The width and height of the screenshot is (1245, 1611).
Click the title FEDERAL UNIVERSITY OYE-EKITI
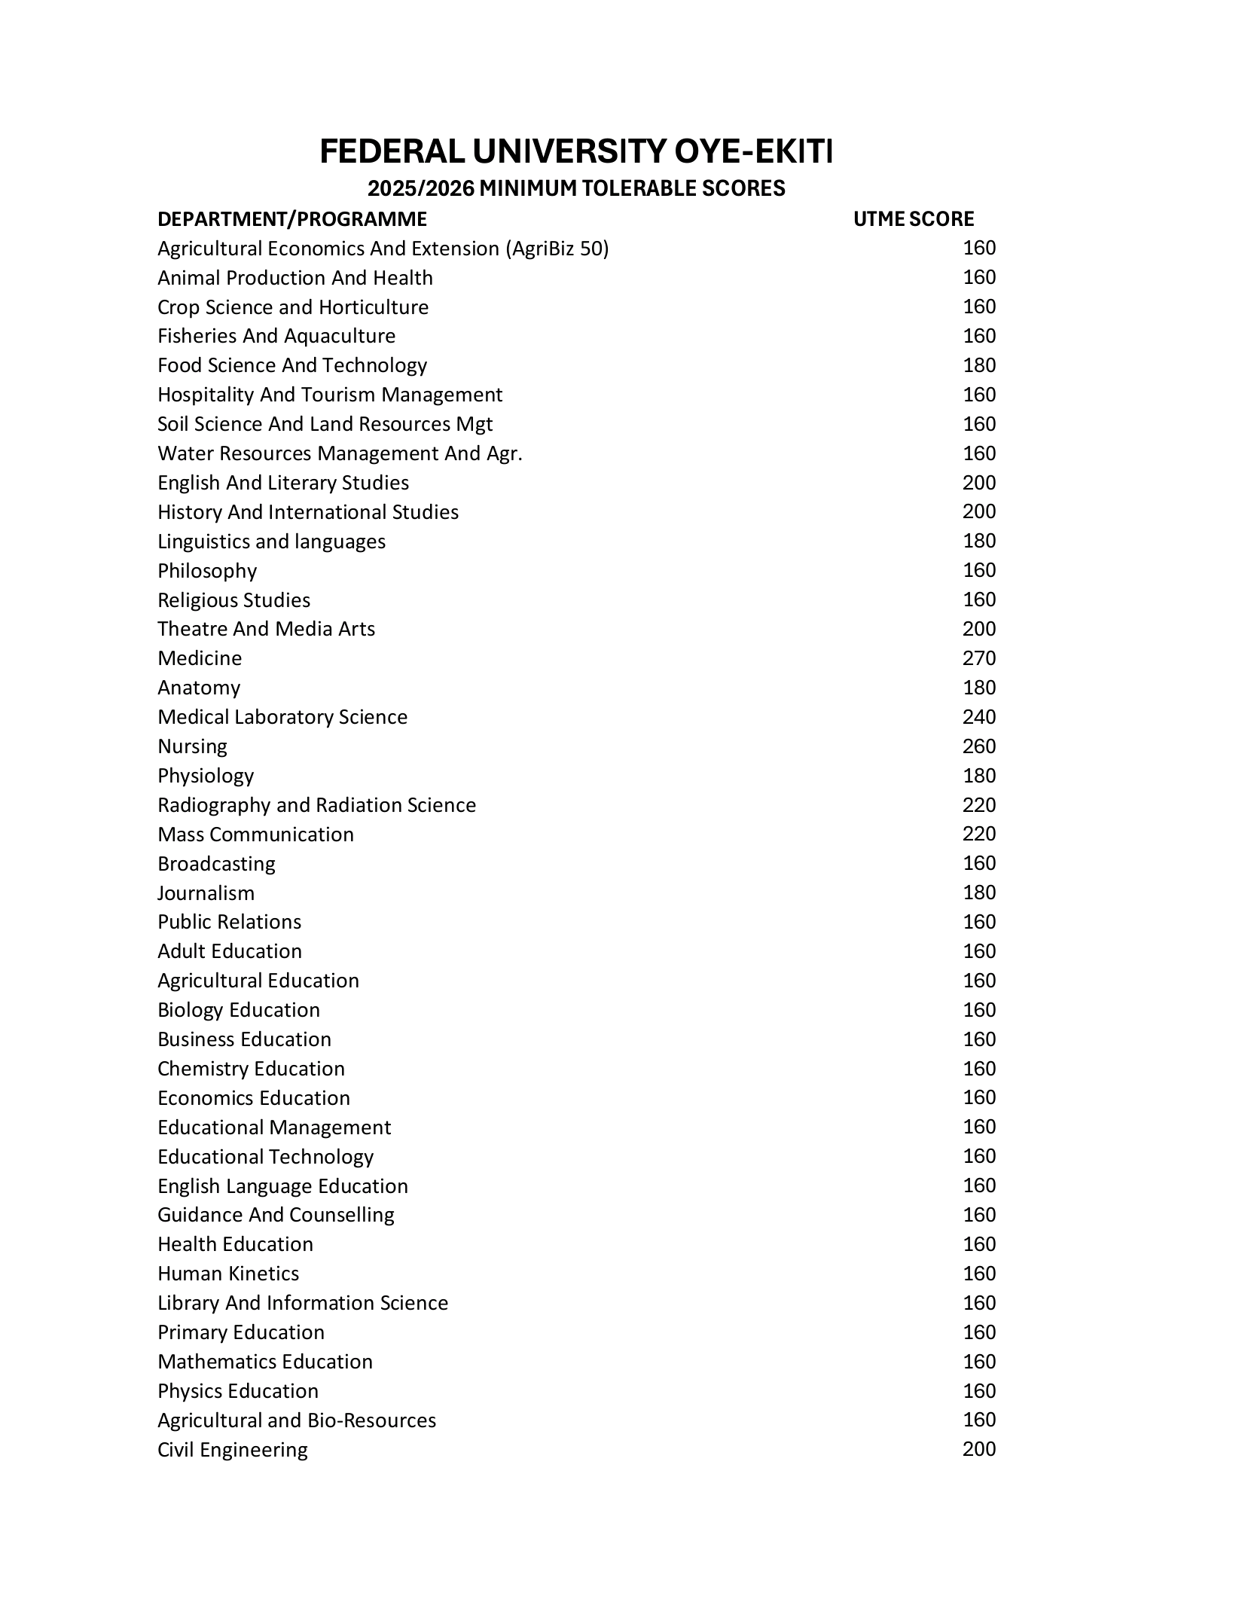click(x=575, y=151)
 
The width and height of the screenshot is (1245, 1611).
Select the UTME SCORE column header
click(x=913, y=219)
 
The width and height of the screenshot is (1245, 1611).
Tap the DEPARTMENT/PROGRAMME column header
click(x=291, y=219)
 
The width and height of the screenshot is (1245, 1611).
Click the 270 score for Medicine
click(x=978, y=658)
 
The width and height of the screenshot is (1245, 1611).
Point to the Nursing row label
click(x=192, y=746)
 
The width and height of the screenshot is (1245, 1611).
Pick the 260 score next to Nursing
click(x=978, y=746)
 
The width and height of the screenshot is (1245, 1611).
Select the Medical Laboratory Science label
click(x=282, y=717)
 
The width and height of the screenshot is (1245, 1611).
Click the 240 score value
click(x=978, y=717)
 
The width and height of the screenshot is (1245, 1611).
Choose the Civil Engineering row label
click(x=232, y=1450)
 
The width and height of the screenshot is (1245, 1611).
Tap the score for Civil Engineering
click(x=978, y=1449)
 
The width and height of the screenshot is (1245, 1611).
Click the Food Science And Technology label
click(x=291, y=365)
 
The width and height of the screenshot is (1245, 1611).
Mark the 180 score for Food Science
click(x=978, y=365)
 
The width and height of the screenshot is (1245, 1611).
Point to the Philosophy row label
click(x=207, y=571)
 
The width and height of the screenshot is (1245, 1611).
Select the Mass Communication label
click(x=255, y=834)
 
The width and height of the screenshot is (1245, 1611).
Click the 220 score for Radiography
click(x=978, y=805)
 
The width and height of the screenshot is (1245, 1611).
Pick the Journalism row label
click(x=206, y=893)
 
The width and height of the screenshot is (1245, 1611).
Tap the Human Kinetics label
click(x=228, y=1274)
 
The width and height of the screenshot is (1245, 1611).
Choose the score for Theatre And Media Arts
click(x=978, y=629)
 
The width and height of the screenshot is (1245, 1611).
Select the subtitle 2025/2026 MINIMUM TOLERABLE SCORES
click(x=575, y=188)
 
